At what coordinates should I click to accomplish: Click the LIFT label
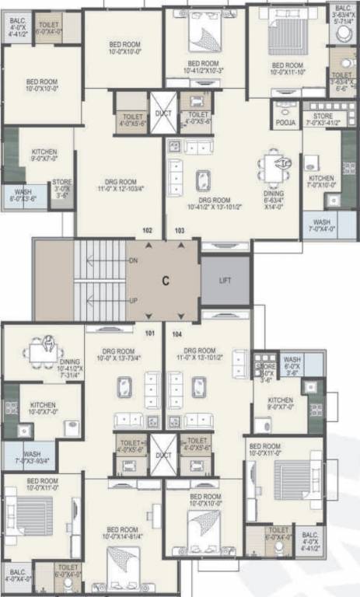coord(225,280)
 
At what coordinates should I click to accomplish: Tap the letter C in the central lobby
coord(165,281)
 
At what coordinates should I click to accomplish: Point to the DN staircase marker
coord(133,260)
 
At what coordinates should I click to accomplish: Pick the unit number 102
coord(148,231)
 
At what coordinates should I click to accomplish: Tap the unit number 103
coord(180,231)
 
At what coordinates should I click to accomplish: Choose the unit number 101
coord(149,333)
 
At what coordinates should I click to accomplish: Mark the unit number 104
coord(177,333)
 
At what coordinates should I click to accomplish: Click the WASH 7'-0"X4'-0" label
coord(321,225)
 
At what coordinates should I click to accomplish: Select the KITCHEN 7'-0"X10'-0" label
coord(321,182)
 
